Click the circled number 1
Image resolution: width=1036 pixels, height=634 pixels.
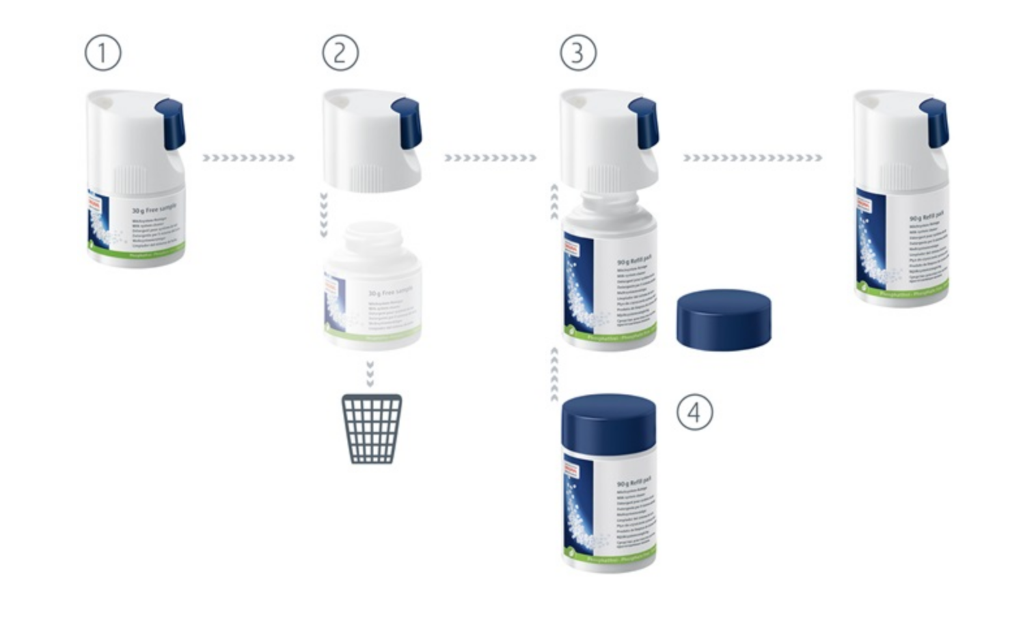pyautogui.click(x=103, y=53)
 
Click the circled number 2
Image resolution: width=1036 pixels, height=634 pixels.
pyautogui.click(x=340, y=53)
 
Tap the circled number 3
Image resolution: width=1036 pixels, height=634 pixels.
pyautogui.click(x=578, y=53)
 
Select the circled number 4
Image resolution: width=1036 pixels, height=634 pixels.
pyautogui.click(x=694, y=412)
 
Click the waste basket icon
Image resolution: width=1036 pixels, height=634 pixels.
pyautogui.click(x=372, y=429)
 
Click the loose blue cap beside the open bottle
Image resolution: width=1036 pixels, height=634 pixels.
pyautogui.click(x=724, y=319)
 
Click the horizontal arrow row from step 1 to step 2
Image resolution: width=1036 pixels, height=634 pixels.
pyautogui.click(x=248, y=158)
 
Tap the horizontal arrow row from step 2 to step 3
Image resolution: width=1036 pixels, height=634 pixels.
pyautogui.click(x=490, y=158)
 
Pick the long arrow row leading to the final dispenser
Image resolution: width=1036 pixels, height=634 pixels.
pyautogui.click(x=752, y=158)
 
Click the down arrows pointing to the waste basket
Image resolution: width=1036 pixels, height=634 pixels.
pyautogui.click(x=370, y=374)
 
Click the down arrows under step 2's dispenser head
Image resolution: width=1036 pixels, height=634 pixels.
pyautogui.click(x=323, y=214)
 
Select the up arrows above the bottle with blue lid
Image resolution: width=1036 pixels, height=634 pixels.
pyautogui.click(x=554, y=374)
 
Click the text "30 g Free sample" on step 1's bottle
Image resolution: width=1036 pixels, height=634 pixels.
pyautogui.click(x=154, y=210)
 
